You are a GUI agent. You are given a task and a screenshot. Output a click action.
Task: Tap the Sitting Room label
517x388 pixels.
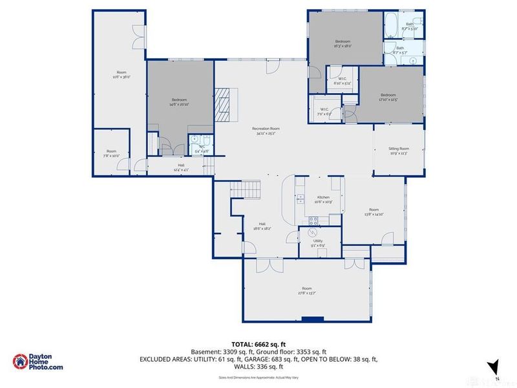coord(398,151)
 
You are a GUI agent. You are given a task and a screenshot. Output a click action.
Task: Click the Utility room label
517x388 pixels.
coord(318,242)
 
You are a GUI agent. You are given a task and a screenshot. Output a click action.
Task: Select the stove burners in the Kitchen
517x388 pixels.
coord(313,220)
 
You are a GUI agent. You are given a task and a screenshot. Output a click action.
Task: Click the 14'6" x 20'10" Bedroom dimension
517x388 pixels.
coord(179,104)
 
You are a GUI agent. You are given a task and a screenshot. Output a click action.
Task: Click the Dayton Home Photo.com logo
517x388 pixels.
coord(39,361)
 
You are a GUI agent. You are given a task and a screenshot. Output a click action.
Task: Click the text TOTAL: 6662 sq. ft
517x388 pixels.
coord(258,344)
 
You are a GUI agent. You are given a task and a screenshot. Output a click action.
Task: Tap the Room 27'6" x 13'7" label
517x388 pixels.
coord(306,290)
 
